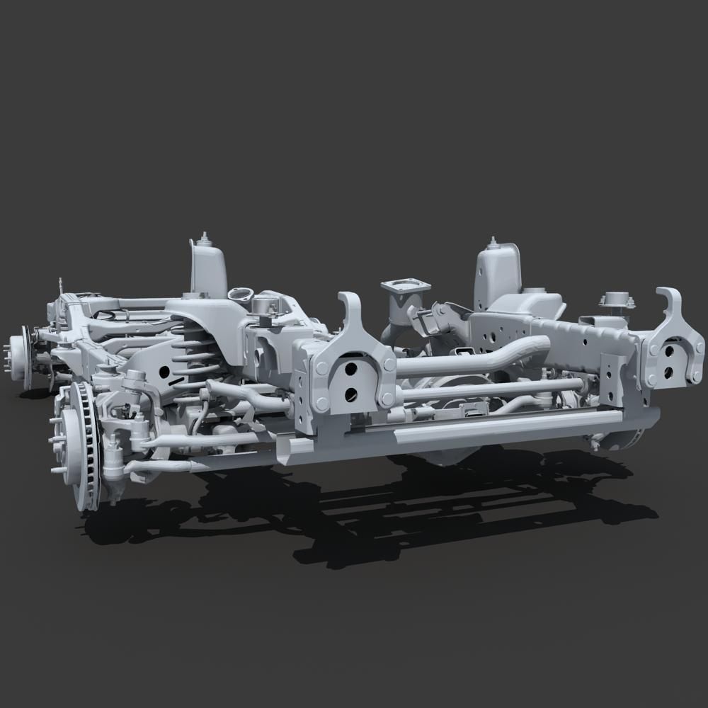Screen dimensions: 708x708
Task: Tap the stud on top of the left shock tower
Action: (205, 236)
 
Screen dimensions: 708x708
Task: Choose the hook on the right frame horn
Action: (671, 304)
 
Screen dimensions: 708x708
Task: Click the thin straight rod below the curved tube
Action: (496, 386)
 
